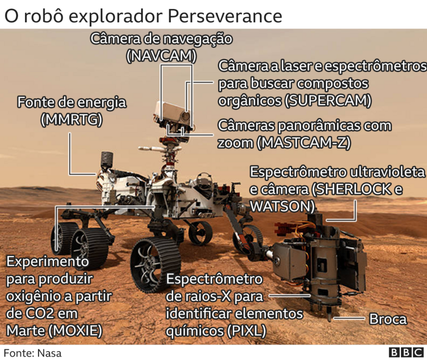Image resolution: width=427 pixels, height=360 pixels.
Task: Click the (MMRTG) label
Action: coord(72,120)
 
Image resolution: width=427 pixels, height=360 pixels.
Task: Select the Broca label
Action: coord(388,319)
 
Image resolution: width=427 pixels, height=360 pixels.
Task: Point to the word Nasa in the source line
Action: coord(49,353)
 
